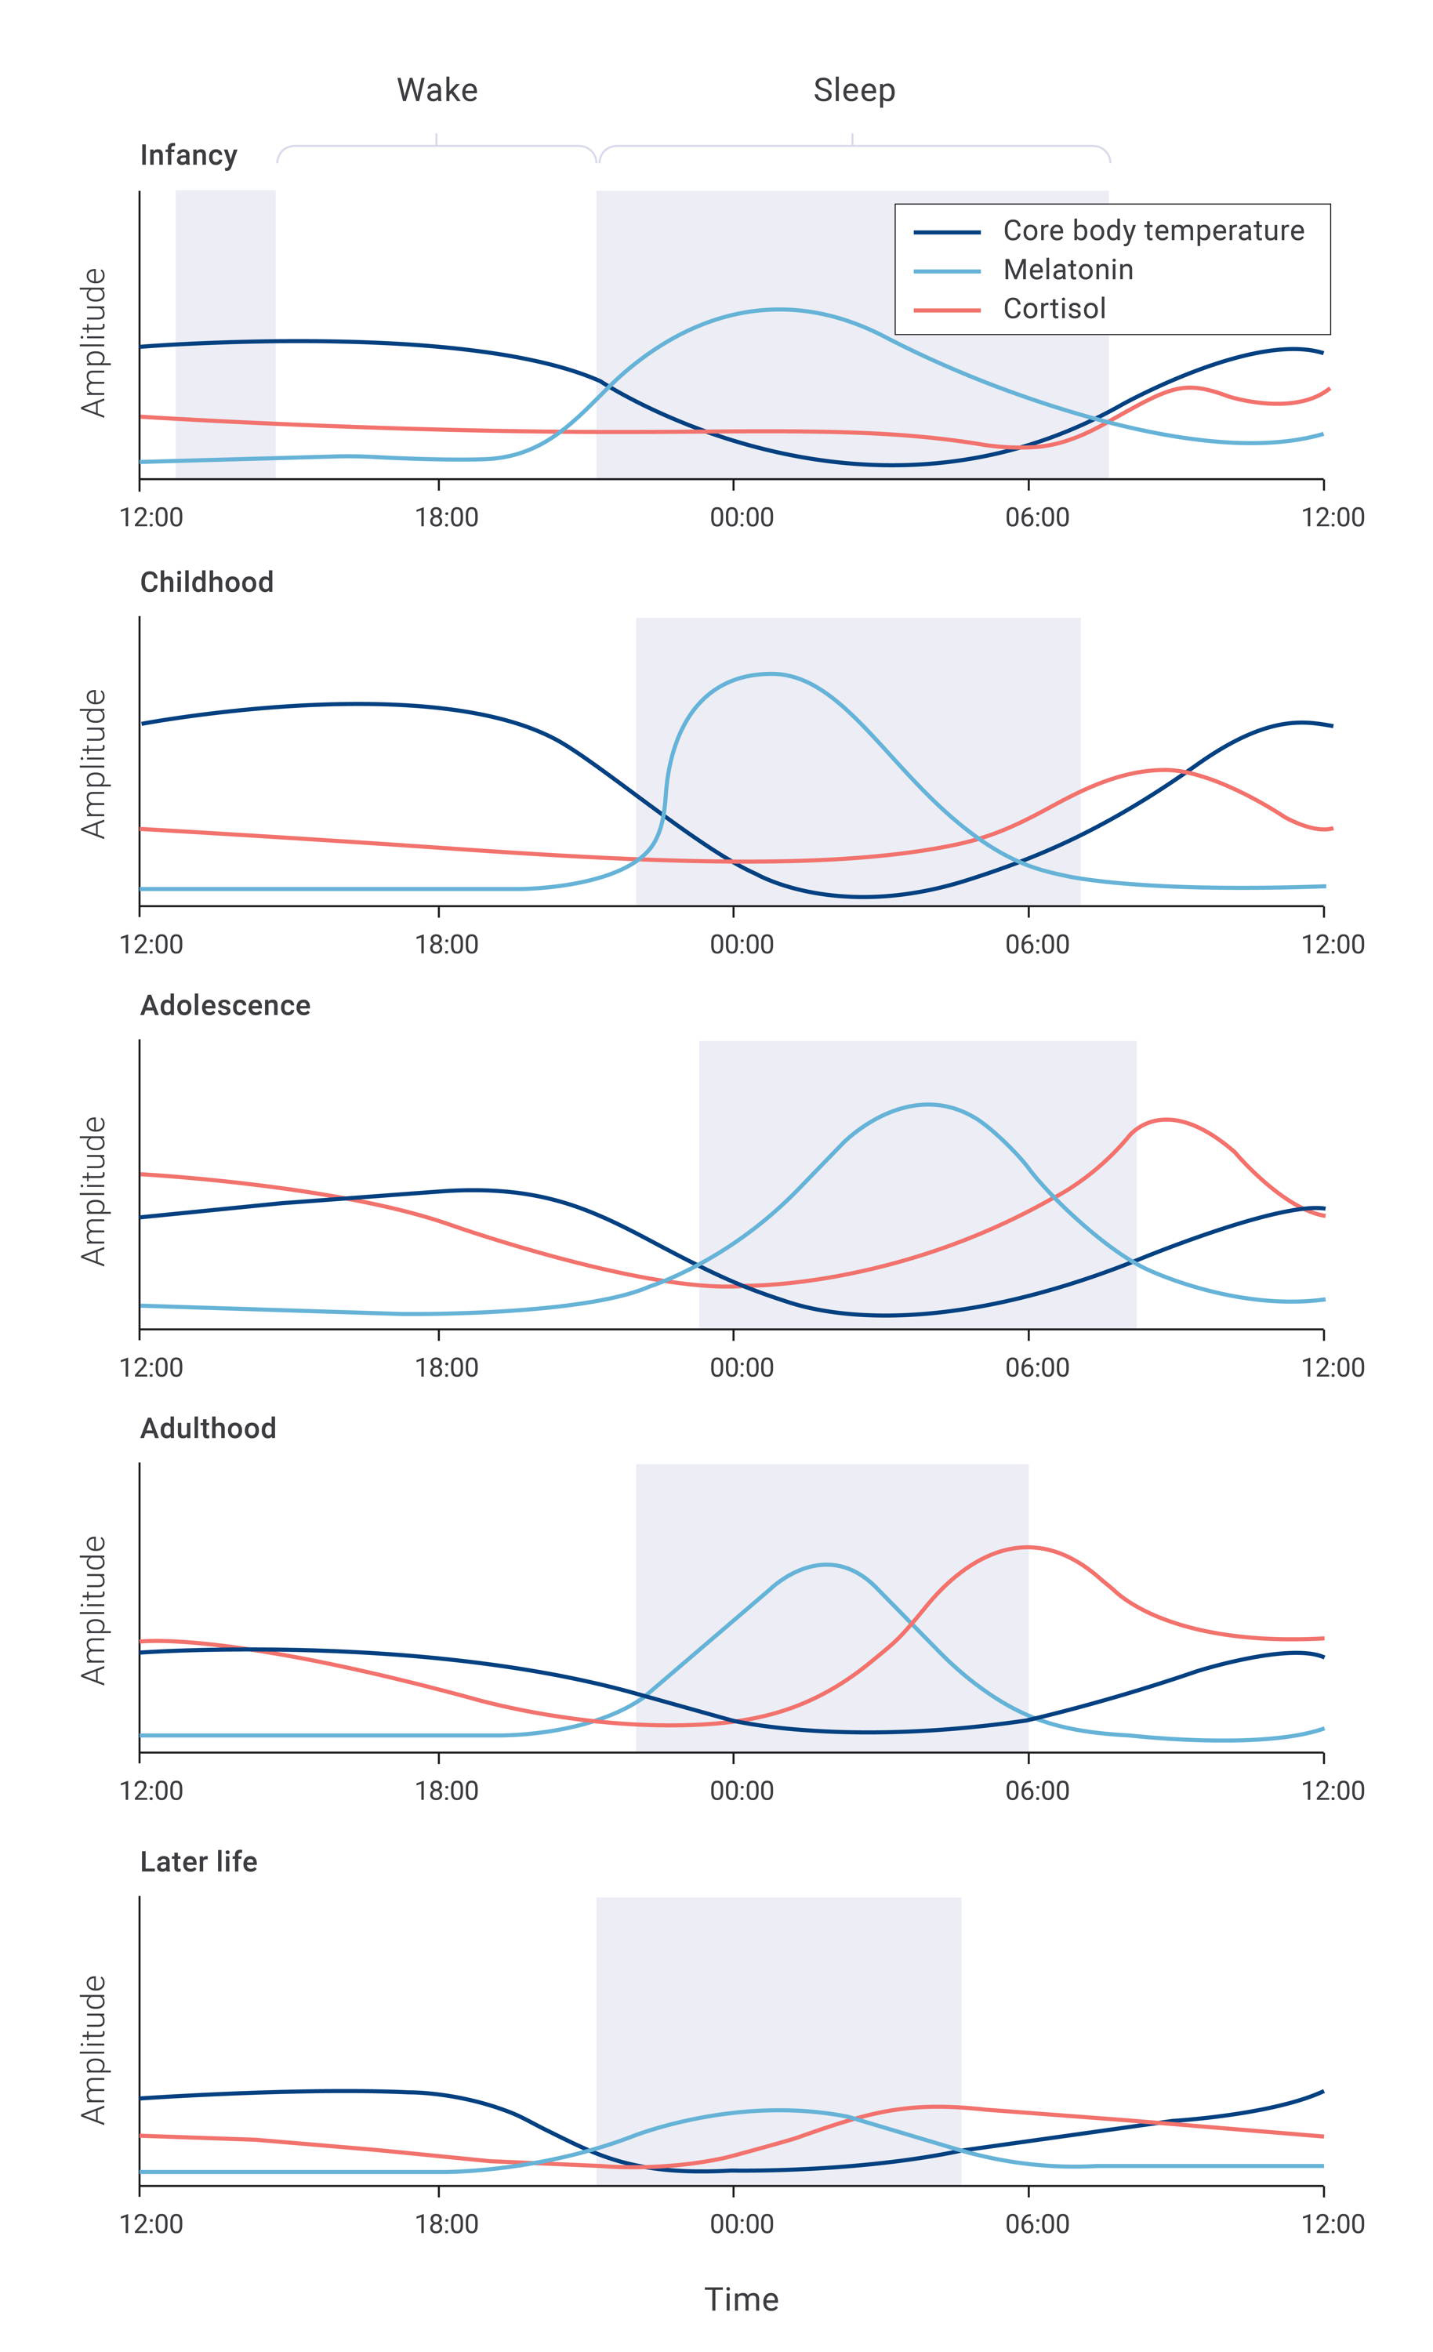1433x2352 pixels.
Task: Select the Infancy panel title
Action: [188, 154]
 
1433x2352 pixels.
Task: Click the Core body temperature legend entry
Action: [1152, 231]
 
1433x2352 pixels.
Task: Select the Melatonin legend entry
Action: [1068, 270]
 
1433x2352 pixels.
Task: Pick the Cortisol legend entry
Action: [1054, 308]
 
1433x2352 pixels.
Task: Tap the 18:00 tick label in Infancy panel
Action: [446, 517]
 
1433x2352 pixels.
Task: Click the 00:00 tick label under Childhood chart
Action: [741, 944]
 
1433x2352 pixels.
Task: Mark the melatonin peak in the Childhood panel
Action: [770, 674]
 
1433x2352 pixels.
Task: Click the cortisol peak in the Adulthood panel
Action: [1026, 1548]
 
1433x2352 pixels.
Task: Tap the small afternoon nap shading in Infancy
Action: [225, 334]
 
